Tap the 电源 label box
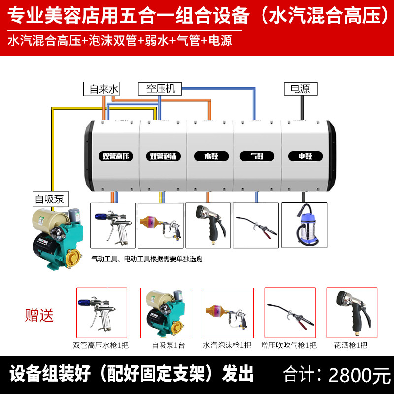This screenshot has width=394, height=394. click(x=300, y=89)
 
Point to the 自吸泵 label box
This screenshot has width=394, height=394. click(x=49, y=199)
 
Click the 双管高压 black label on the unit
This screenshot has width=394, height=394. click(x=115, y=156)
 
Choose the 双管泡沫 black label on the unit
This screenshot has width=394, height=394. click(x=164, y=156)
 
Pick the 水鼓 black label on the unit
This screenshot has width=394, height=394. click(x=211, y=156)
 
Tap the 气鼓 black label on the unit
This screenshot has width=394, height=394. click(x=257, y=156)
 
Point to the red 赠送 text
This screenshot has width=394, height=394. click(x=39, y=315)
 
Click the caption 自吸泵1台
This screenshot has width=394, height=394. click(x=165, y=345)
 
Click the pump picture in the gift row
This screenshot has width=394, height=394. click(x=165, y=312)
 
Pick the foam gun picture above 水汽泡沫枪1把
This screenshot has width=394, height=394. click(x=228, y=312)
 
